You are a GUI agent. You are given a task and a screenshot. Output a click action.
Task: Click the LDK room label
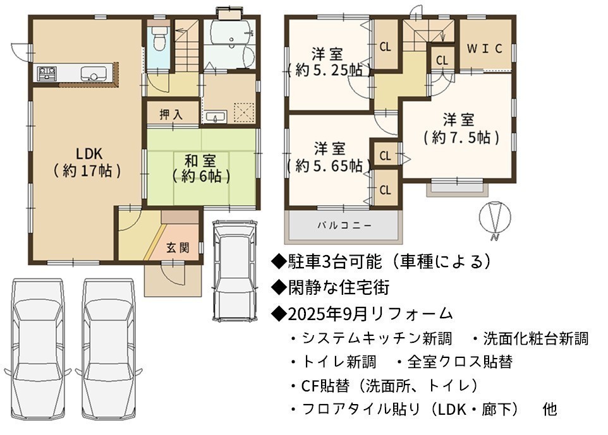tap(88, 162)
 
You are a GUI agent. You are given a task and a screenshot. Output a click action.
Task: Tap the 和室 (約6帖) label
tap(201, 168)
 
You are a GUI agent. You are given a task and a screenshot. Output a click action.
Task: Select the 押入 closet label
tap(171, 115)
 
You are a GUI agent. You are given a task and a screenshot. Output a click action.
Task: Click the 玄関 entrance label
tap(178, 247)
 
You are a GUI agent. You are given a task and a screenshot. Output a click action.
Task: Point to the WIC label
tap(484, 49)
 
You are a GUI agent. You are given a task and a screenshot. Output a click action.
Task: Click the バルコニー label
tap(344, 225)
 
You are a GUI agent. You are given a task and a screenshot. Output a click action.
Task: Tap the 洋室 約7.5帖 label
tap(459, 128)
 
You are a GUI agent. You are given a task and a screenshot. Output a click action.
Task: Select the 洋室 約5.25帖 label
tap(328, 62)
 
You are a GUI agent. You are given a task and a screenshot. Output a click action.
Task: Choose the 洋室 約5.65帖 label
tap(329, 157)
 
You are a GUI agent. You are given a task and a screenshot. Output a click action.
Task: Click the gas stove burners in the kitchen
tap(47, 73)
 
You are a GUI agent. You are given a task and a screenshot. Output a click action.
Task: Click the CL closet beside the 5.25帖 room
tap(385, 47)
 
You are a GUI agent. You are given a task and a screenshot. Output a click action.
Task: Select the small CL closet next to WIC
tap(442, 61)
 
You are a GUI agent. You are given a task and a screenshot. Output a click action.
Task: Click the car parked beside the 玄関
tap(235, 270)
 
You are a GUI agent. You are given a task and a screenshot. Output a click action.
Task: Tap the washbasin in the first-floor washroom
tap(216, 116)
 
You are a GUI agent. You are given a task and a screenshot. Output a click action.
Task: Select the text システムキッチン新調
tap(377, 338)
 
